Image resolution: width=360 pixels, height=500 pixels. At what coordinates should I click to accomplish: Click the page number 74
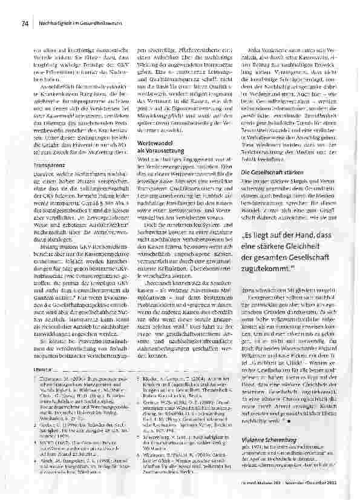coord(25,24)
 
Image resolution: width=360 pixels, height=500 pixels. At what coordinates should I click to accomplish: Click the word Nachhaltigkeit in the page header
coord(57,24)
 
